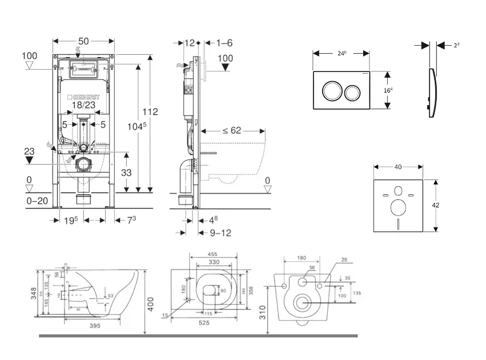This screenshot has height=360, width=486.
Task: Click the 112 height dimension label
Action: (151, 111)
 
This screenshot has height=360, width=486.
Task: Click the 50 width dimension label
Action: (84, 41)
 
